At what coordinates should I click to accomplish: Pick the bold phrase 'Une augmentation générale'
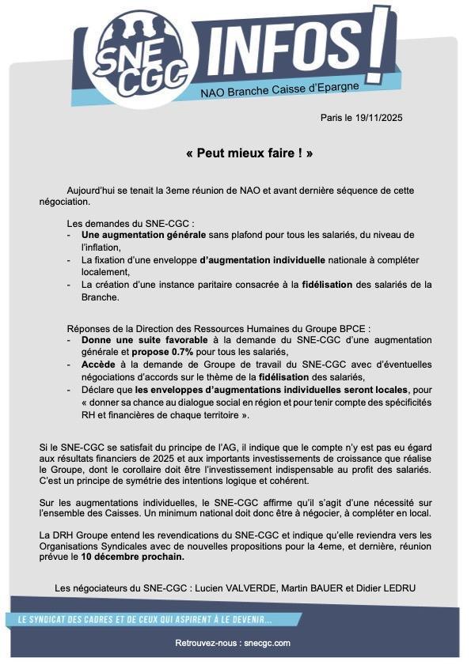pos(143,235)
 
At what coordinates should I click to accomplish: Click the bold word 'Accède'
pos(99,365)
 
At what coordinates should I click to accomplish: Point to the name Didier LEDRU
pos(393,588)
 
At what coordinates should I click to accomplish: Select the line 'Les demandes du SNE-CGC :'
pos(131,223)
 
